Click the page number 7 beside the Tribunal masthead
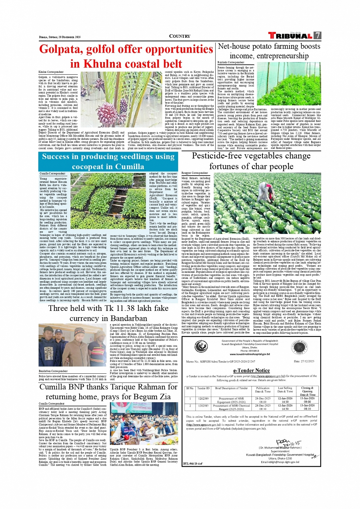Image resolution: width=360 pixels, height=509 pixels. (317, 35)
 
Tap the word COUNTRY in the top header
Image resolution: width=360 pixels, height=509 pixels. (179, 36)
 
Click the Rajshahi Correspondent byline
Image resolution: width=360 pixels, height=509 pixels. (230, 62)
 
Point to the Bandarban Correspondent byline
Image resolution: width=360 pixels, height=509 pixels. (53, 371)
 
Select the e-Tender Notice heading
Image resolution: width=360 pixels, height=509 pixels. (251, 370)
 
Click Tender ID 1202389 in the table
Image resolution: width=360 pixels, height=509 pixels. (203, 399)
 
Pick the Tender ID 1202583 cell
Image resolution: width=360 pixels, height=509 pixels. (203, 406)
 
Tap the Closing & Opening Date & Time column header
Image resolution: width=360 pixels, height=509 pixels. (307, 391)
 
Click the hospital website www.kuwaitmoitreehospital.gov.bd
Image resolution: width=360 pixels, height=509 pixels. (250, 354)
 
